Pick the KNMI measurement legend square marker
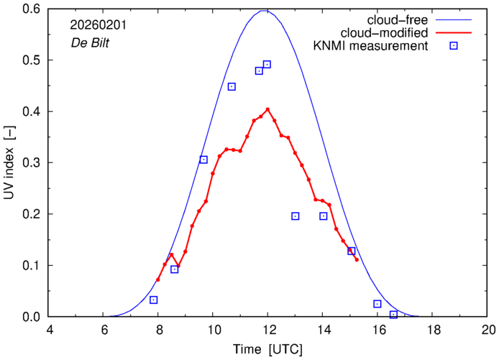(x=454, y=47)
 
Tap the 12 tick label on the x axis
(x=267, y=331)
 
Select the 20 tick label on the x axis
(x=488, y=331)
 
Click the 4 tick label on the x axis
(x=49, y=331)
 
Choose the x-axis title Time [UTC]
(x=268, y=349)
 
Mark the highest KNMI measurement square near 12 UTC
(x=267, y=65)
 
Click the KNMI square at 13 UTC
(x=296, y=216)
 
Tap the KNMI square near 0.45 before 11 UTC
(x=232, y=87)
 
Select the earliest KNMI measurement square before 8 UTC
(x=154, y=300)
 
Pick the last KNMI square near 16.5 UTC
(x=393, y=315)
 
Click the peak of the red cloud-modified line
(x=267, y=109)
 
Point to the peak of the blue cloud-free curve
(x=267, y=10)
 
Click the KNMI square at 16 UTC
(x=377, y=304)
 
